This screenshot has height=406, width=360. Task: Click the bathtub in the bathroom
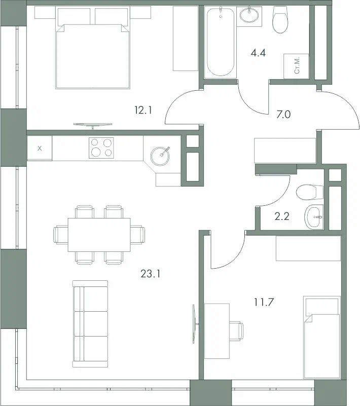(x=221, y=43)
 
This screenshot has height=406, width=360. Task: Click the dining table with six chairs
(x=99, y=234)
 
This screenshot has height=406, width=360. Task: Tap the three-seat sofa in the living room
(x=91, y=323)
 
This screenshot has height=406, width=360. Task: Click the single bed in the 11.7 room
(x=321, y=338)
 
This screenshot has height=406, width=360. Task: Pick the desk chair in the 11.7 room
(x=235, y=331)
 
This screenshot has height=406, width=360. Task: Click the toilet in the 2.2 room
(x=309, y=192)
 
